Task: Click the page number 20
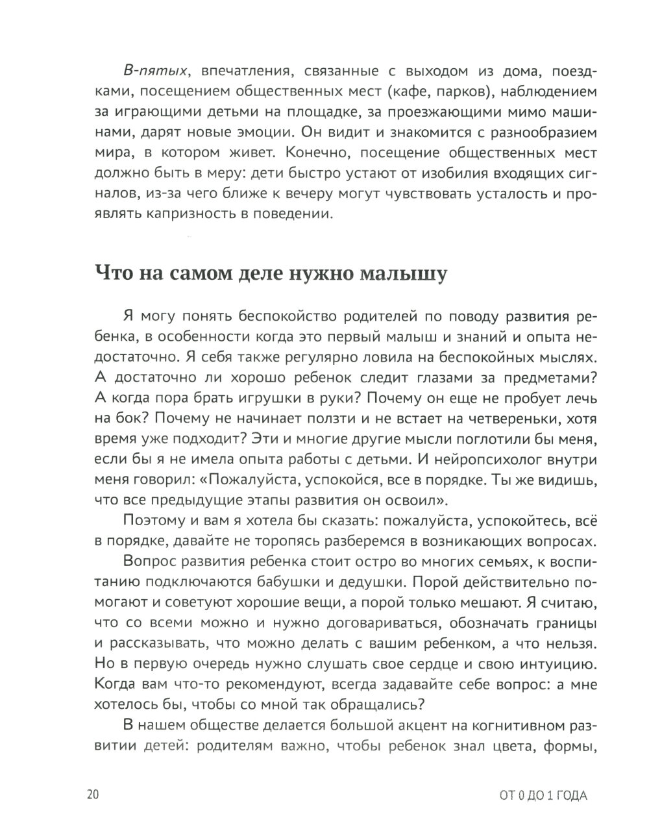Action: pyautogui.click(x=92, y=796)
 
